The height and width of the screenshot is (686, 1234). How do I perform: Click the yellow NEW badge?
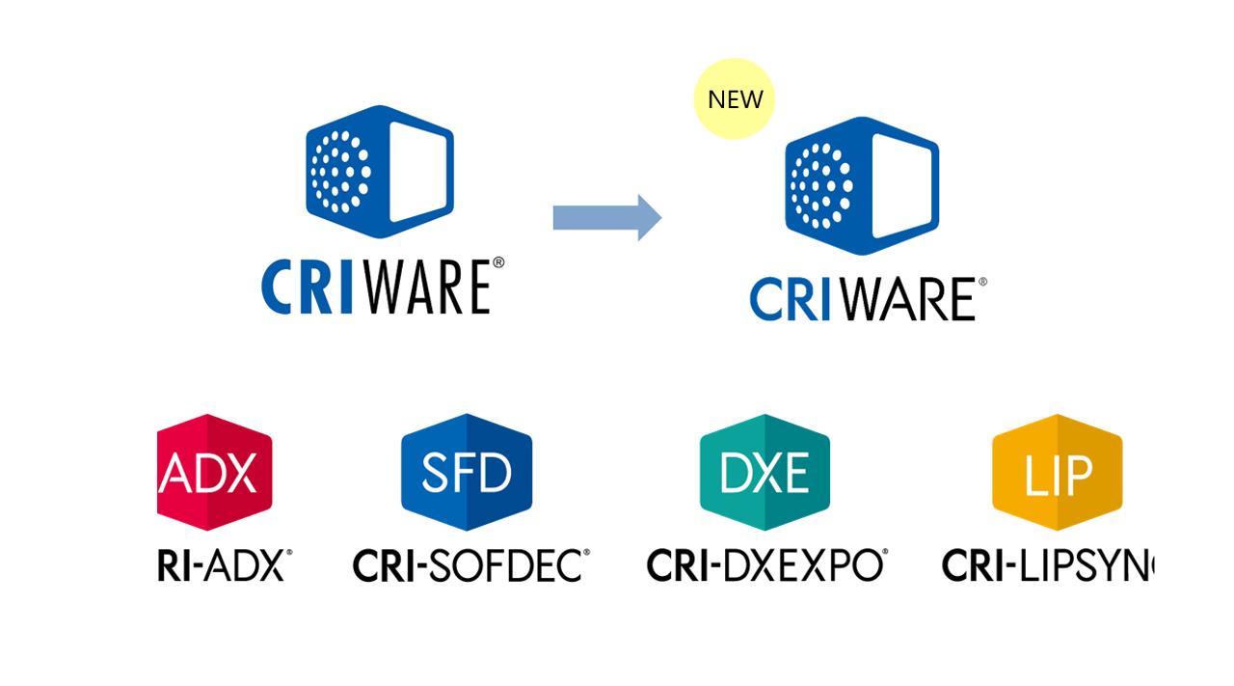[735, 99]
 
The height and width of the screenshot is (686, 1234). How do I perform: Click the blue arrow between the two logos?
[606, 218]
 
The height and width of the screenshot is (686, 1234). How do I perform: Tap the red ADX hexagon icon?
[215, 473]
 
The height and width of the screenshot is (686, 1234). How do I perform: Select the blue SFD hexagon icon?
[467, 473]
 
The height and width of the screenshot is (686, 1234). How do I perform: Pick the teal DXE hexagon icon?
[765, 473]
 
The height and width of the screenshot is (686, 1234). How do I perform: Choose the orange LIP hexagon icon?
[1058, 473]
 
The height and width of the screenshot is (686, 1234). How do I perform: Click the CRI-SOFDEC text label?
[470, 564]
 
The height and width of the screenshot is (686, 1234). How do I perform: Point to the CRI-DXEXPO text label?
[766, 564]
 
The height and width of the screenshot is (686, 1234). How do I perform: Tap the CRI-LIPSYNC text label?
[1047, 565]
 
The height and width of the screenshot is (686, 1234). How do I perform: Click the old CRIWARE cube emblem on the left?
[379, 171]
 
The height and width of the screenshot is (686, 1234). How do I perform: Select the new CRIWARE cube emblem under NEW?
[861, 185]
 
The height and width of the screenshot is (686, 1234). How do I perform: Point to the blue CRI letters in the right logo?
[791, 300]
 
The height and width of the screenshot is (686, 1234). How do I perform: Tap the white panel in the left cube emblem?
[418, 172]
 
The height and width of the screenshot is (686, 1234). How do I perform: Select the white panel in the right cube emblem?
[902, 187]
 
